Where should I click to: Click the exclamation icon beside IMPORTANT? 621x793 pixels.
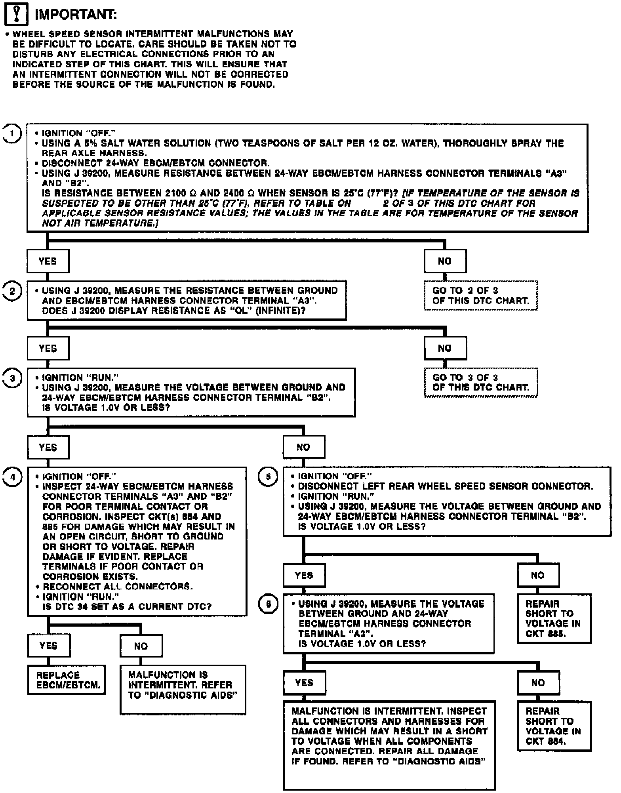click(15, 15)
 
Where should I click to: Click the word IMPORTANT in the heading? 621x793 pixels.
click(76, 15)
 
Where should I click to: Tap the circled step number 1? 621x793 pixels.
click(12, 134)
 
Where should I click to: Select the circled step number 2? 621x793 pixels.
click(12, 291)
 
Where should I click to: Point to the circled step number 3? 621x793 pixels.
click(12, 378)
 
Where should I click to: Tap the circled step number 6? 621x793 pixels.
click(268, 604)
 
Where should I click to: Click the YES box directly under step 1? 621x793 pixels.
click(48, 261)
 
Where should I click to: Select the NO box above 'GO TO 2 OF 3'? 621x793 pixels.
click(445, 261)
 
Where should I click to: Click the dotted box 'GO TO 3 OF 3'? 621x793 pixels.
click(480, 382)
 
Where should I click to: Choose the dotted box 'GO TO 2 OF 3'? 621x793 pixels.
click(480, 295)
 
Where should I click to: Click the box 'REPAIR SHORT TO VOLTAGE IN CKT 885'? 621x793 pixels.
click(554, 618)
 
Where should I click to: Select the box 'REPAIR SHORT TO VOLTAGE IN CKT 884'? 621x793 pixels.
click(554, 726)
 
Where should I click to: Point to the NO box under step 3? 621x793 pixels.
click(304, 447)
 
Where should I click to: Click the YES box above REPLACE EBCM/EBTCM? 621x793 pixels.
click(48, 646)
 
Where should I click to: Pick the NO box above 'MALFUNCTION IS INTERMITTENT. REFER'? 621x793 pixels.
click(141, 646)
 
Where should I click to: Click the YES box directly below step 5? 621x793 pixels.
click(304, 575)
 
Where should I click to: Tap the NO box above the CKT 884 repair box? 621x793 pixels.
click(538, 682)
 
